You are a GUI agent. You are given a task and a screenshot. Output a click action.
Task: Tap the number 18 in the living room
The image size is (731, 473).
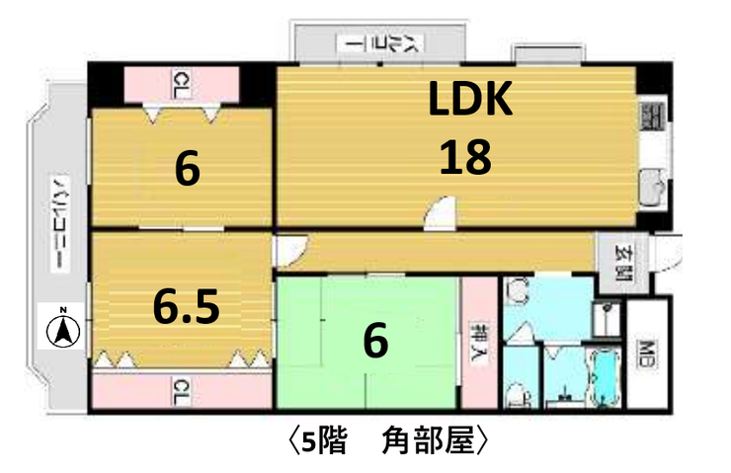465,156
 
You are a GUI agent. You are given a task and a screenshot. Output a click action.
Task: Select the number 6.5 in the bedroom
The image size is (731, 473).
185,307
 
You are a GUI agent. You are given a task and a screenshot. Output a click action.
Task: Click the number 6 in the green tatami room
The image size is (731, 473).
374,341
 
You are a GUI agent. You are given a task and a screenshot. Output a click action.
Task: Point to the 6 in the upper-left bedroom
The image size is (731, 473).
187,169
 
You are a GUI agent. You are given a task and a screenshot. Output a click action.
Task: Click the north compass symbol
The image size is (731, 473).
63,327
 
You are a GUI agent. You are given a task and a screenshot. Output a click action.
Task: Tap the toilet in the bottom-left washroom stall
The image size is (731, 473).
515,394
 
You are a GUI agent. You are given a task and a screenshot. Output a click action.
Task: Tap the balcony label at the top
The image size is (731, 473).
377,43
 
